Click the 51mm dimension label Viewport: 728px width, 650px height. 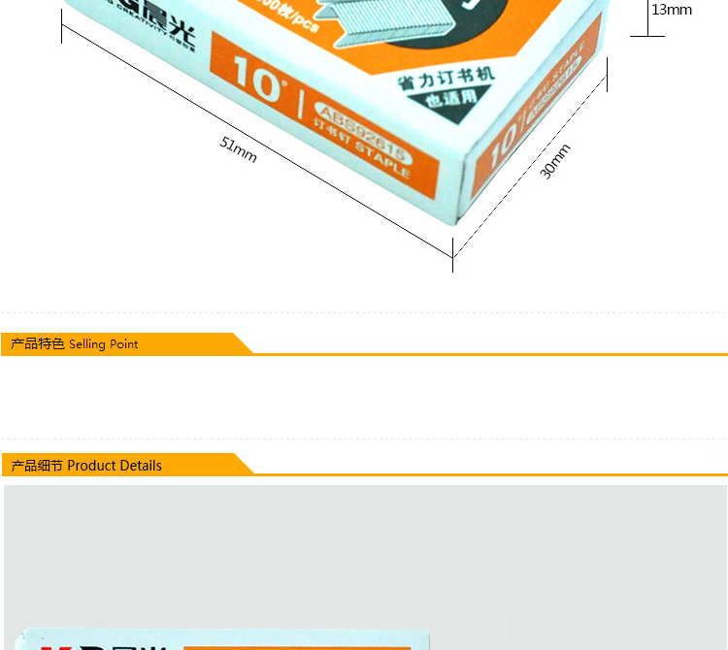coord(239,149)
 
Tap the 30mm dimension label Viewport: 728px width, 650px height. coord(555,161)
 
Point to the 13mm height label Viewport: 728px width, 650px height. coord(672,10)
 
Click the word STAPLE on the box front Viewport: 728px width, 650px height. coord(381,162)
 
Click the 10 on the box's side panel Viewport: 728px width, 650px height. coord(503,146)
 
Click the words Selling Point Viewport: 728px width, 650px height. coord(104,344)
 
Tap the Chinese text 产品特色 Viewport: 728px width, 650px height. coord(38,344)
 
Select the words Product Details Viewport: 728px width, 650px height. coord(115,466)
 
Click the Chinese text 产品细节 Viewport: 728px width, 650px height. coord(38,466)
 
